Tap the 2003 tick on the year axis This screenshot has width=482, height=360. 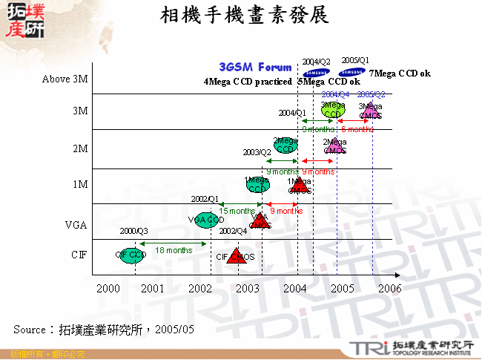247,288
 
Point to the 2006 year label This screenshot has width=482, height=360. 389,288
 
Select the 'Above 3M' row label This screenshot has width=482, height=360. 65,79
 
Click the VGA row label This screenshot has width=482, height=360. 76,223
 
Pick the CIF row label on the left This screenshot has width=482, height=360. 79,255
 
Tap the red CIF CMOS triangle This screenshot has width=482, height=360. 237,257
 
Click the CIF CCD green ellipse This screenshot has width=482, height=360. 131,255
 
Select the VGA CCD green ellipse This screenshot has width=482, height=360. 206,220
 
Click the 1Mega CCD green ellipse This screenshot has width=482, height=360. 257,185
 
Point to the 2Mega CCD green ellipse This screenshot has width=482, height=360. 285,145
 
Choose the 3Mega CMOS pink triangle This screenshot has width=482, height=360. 371,111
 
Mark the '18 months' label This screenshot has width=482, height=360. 174,250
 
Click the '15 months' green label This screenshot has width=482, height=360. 237,212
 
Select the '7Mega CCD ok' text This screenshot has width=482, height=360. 400,74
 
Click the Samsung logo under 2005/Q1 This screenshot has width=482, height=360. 352,73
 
